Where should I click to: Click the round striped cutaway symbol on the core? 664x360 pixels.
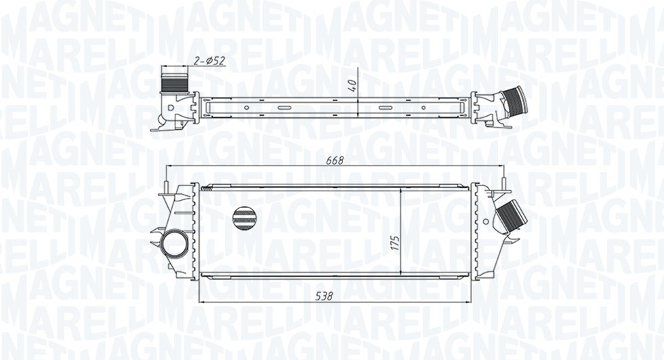pyautogui.click(x=245, y=218)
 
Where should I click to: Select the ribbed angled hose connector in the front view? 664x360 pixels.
pyautogui.click(x=512, y=218)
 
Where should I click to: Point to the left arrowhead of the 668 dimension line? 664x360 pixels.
pyautogui.click(x=169, y=166)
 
